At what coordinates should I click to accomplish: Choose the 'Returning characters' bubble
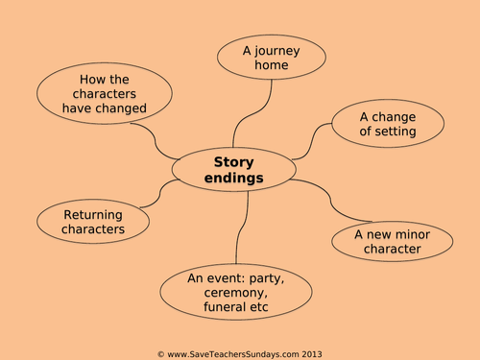(x=93, y=222)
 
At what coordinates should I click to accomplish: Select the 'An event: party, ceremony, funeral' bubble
(x=236, y=293)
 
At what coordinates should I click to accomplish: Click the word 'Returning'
(x=93, y=214)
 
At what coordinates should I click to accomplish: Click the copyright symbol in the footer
(x=160, y=353)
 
